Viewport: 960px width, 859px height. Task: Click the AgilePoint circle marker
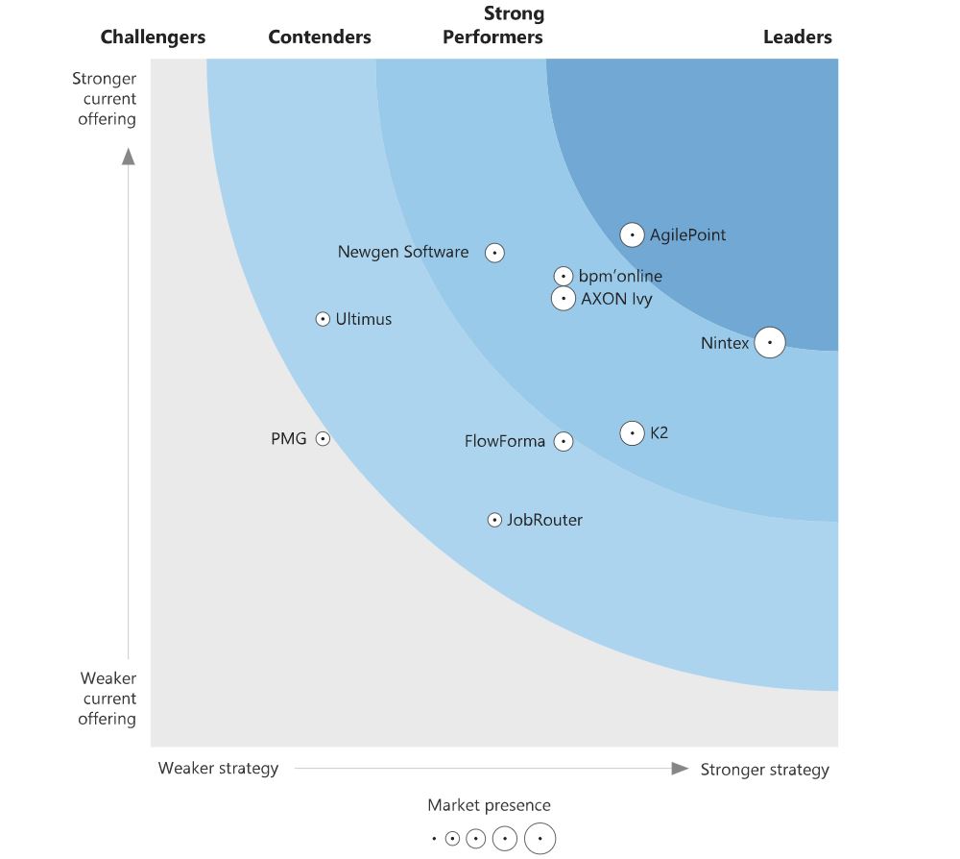[x=632, y=234]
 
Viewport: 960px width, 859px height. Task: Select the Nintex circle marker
[x=769, y=343]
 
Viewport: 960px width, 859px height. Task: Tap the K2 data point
[x=632, y=433]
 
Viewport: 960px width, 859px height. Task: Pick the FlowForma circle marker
[x=564, y=442]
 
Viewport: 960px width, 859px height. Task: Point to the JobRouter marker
[x=494, y=520]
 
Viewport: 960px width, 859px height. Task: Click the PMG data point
[x=323, y=439]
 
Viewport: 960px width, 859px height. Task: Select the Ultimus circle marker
[x=323, y=319]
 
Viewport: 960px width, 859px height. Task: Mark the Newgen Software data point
[x=494, y=253]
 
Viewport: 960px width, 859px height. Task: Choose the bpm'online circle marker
[x=564, y=277]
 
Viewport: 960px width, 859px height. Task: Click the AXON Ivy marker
[x=564, y=299]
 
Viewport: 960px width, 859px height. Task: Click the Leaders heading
[x=797, y=37]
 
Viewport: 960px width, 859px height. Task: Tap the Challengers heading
[x=153, y=37]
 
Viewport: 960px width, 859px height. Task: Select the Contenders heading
[x=320, y=37]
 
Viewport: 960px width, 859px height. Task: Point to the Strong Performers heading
[x=492, y=26]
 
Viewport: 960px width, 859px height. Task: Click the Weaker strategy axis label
[x=218, y=768]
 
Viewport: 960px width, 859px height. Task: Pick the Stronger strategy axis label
[x=764, y=769]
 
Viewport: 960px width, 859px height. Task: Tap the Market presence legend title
[x=489, y=805]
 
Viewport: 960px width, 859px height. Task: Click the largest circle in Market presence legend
[x=540, y=839]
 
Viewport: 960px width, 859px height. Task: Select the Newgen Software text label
[x=403, y=253]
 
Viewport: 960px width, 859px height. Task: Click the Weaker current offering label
[x=107, y=699]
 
